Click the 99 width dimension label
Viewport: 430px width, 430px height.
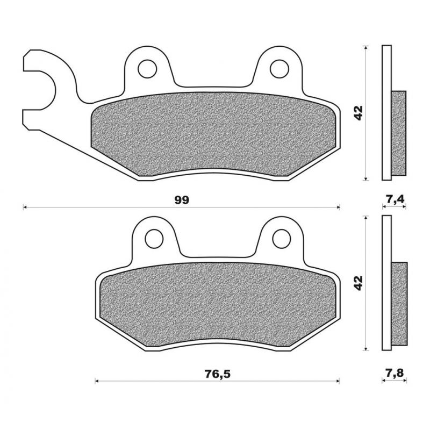(x=182, y=200)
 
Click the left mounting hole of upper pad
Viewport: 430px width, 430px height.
(x=146, y=69)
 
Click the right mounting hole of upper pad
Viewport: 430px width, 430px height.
(x=278, y=69)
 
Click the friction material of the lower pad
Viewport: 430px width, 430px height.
(x=218, y=304)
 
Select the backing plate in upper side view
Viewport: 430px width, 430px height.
(x=386, y=113)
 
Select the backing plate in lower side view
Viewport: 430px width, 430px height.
(x=386, y=283)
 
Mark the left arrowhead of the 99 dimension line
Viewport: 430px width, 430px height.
(x=25, y=207)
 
